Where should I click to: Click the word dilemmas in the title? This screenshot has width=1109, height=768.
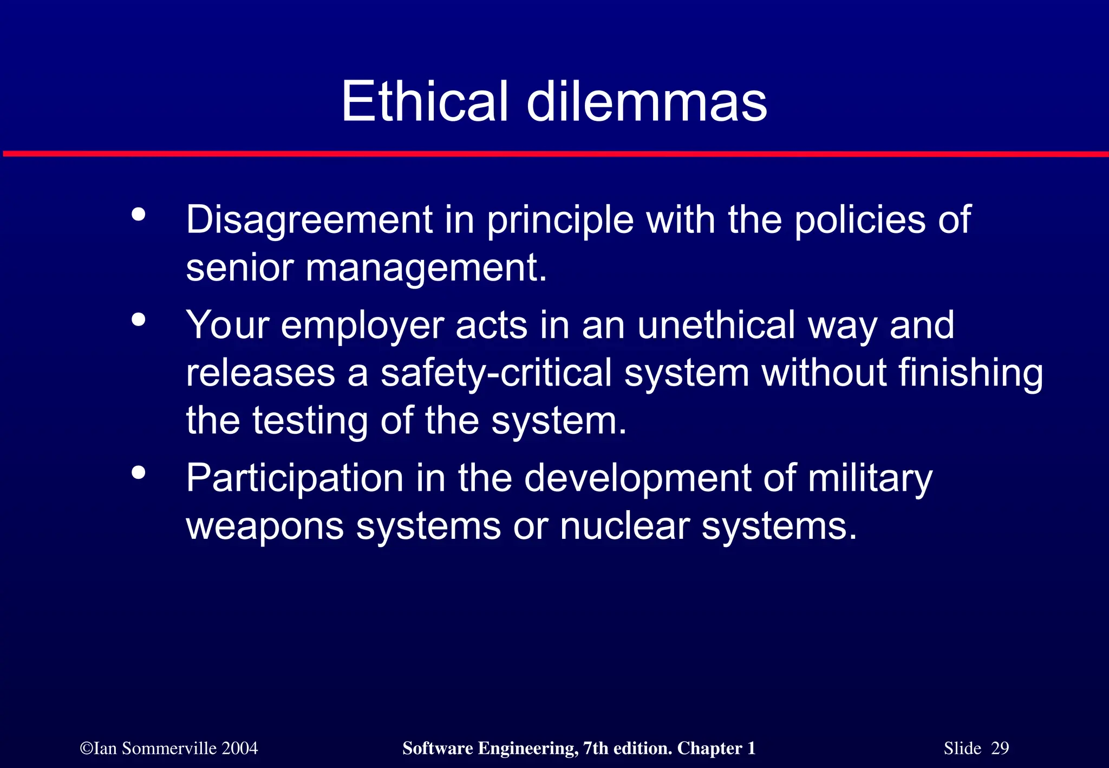pyautogui.click(x=647, y=101)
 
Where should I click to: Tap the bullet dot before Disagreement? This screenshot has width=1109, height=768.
pyautogui.click(x=139, y=214)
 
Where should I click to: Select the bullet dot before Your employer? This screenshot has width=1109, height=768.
pyautogui.click(x=139, y=320)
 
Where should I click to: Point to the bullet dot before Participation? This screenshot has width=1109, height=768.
pyautogui.click(x=139, y=473)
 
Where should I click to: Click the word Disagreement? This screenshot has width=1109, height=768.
pyautogui.click(x=309, y=220)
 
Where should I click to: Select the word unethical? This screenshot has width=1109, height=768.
pyautogui.click(x=716, y=325)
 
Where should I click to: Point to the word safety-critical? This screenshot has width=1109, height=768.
pyautogui.click(x=496, y=374)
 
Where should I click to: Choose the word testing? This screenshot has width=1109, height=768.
pyautogui.click(x=310, y=421)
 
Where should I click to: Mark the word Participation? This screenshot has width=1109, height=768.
pyautogui.click(x=295, y=479)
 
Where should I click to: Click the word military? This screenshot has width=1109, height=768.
pyautogui.click(x=870, y=479)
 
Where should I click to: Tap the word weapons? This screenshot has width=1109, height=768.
pyautogui.click(x=265, y=526)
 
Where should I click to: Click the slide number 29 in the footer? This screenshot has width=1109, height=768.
pyautogui.click(x=1000, y=748)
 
